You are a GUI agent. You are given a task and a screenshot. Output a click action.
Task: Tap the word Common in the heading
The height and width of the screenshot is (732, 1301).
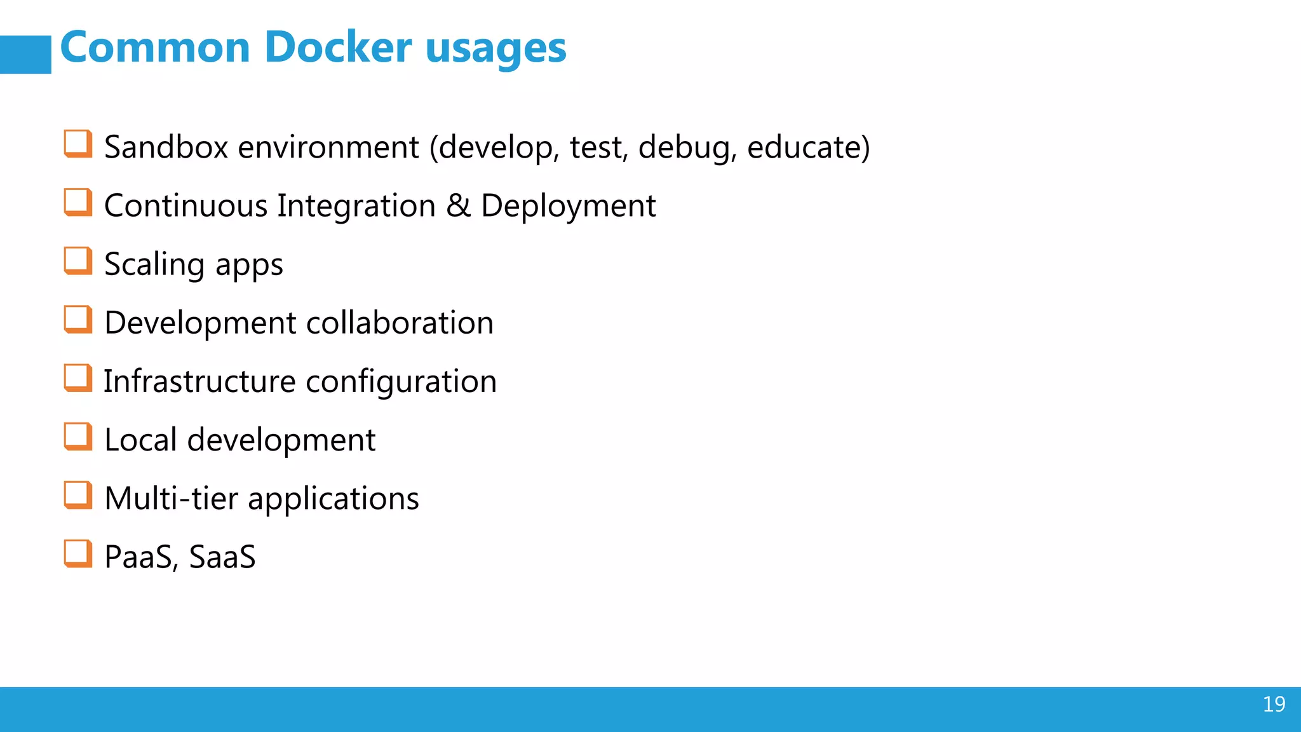(155, 48)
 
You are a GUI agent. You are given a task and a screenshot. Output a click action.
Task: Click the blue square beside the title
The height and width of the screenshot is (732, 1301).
(25, 55)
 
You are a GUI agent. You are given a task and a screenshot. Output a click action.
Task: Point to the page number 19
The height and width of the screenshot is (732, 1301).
(1274, 704)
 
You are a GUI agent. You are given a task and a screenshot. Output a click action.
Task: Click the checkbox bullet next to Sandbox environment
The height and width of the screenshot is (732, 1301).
(78, 144)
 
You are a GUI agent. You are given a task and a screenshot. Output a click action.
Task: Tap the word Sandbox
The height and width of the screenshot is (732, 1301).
(166, 147)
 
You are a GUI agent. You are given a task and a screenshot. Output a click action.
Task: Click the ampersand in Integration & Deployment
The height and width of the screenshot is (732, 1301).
(458, 206)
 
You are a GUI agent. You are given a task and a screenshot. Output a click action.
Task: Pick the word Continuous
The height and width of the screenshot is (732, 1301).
(185, 206)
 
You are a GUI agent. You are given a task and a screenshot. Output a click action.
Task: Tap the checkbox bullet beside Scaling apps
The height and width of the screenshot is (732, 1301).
(78, 261)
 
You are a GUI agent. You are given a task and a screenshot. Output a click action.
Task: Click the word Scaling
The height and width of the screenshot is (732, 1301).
(154, 265)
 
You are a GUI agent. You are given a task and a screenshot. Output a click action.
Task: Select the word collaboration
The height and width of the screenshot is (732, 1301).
(400, 323)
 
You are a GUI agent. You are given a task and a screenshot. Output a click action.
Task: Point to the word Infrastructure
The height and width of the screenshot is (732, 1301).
(199, 381)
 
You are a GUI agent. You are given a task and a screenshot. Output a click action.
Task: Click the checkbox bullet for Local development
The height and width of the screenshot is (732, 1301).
(78, 437)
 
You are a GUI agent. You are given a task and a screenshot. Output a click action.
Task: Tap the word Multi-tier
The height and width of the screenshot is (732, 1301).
(171, 498)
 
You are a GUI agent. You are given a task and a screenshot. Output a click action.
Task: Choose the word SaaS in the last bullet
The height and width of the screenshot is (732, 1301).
(222, 557)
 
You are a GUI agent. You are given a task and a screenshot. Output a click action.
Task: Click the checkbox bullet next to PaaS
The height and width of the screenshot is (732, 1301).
(78, 553)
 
